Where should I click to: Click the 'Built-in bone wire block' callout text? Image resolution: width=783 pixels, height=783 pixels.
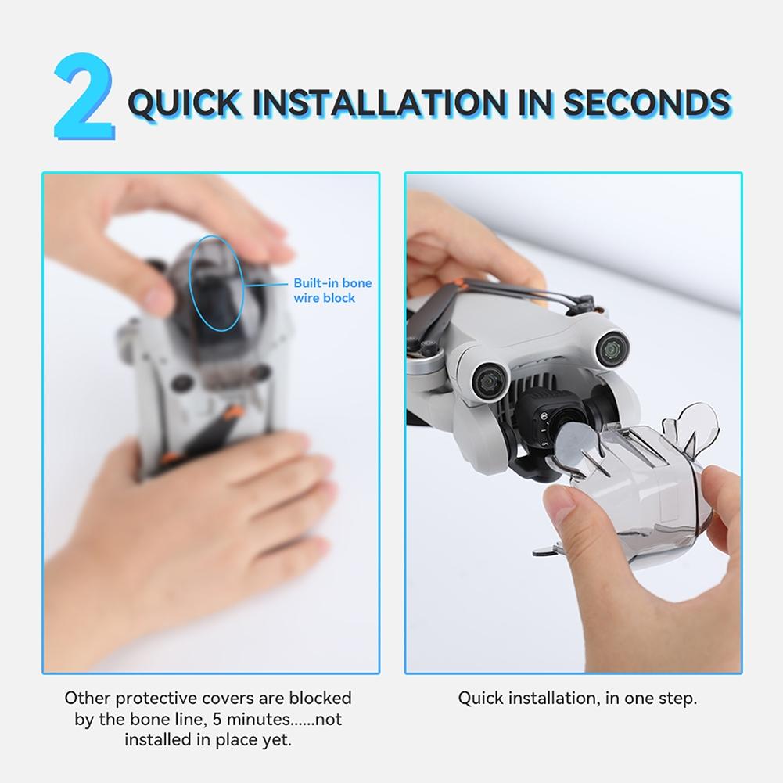332,290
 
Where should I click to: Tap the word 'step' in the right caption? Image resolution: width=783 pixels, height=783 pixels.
677,698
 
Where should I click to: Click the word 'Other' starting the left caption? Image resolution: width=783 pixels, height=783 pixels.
88,698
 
